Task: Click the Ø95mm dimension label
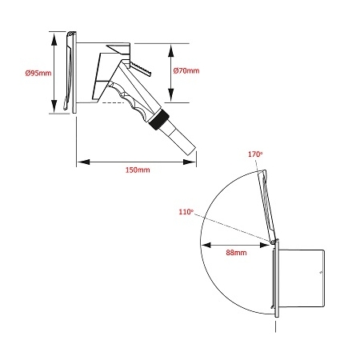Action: pos(38,73)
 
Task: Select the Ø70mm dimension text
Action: pos(186,70)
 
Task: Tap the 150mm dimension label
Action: pos(138,170)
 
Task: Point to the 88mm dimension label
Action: pos(236,253)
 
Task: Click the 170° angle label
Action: pos(255,154)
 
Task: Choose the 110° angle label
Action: pos(186,212)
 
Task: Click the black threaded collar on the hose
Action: pos(159,119)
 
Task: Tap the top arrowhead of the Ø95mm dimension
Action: pos(54,38)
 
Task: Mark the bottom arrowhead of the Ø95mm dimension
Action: pos(54,106)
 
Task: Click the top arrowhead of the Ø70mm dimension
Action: pos(171,51)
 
